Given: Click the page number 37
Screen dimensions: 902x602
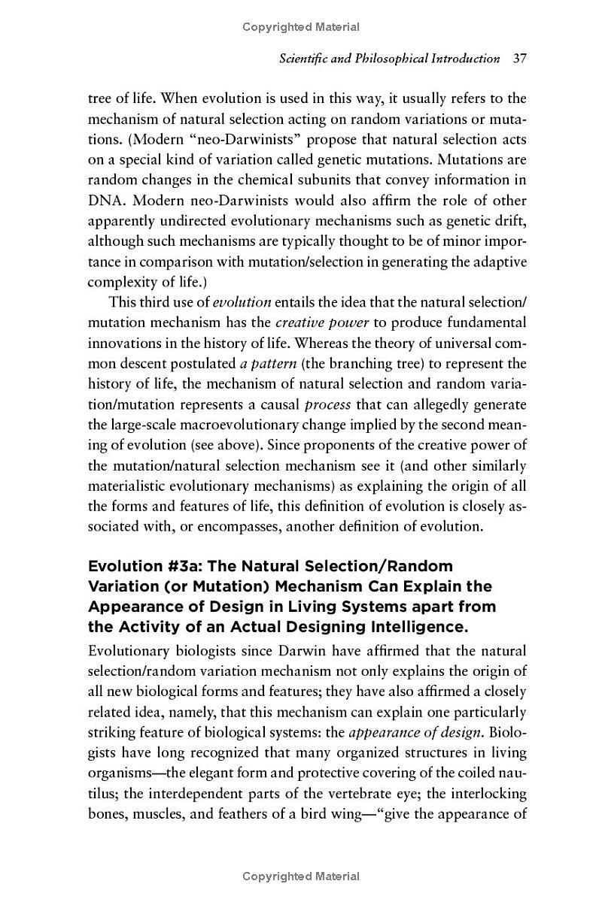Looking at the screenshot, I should [518, 58].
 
